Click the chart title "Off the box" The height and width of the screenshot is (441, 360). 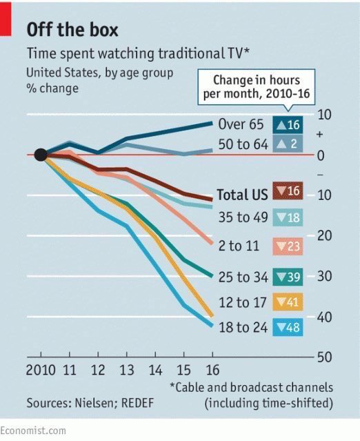[72, 30]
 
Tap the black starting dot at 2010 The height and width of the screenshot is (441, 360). [41, 155]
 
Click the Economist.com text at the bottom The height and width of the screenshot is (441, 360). [33, 430]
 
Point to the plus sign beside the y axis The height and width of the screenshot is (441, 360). [319, 135]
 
